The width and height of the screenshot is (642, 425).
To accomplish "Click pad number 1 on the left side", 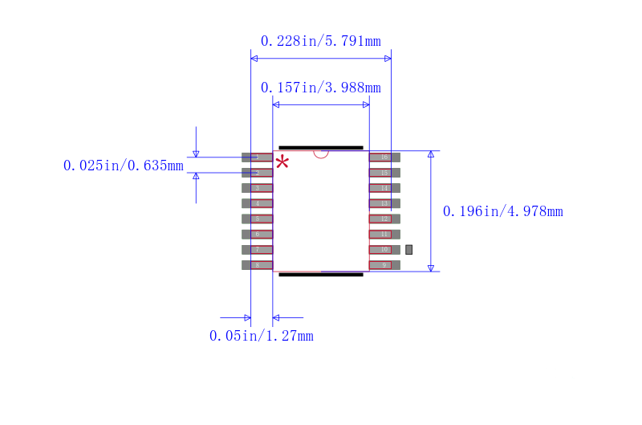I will (x=257, y=157).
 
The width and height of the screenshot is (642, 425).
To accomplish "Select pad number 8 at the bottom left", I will (x=257, y=265).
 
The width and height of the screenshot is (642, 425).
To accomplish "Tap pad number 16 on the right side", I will (x=384, y=157).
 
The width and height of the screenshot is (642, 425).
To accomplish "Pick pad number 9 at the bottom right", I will (x=384, y=265).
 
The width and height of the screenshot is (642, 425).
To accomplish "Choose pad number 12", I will (x=384, y=219).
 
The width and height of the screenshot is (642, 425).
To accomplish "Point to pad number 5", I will (x=257, y=219).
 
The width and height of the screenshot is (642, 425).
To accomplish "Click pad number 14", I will (x=384, y=188).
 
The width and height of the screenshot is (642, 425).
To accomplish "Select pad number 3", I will (x=257, y=188).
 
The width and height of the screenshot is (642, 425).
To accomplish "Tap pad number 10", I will (x=384, y=250).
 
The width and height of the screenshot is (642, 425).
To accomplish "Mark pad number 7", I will (x=257, y=250).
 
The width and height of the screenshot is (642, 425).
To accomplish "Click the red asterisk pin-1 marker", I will (x=282, y=163).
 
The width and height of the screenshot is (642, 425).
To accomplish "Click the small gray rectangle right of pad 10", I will (x=408, y=250).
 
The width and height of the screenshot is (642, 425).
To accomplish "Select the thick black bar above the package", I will (x=321, y=148).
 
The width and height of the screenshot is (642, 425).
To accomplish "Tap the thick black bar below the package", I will (x=321, y=275).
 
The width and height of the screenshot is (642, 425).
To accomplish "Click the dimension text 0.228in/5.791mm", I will (x=320, y=41).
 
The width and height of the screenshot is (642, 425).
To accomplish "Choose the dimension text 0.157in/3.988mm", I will (x=320, y=88).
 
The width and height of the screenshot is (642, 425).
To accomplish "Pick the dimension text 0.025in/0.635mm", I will (x=124, y=166).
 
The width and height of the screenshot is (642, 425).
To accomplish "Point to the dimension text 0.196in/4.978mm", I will (x=502, y=211).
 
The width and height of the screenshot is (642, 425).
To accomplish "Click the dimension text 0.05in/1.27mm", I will (x=261, y=336).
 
